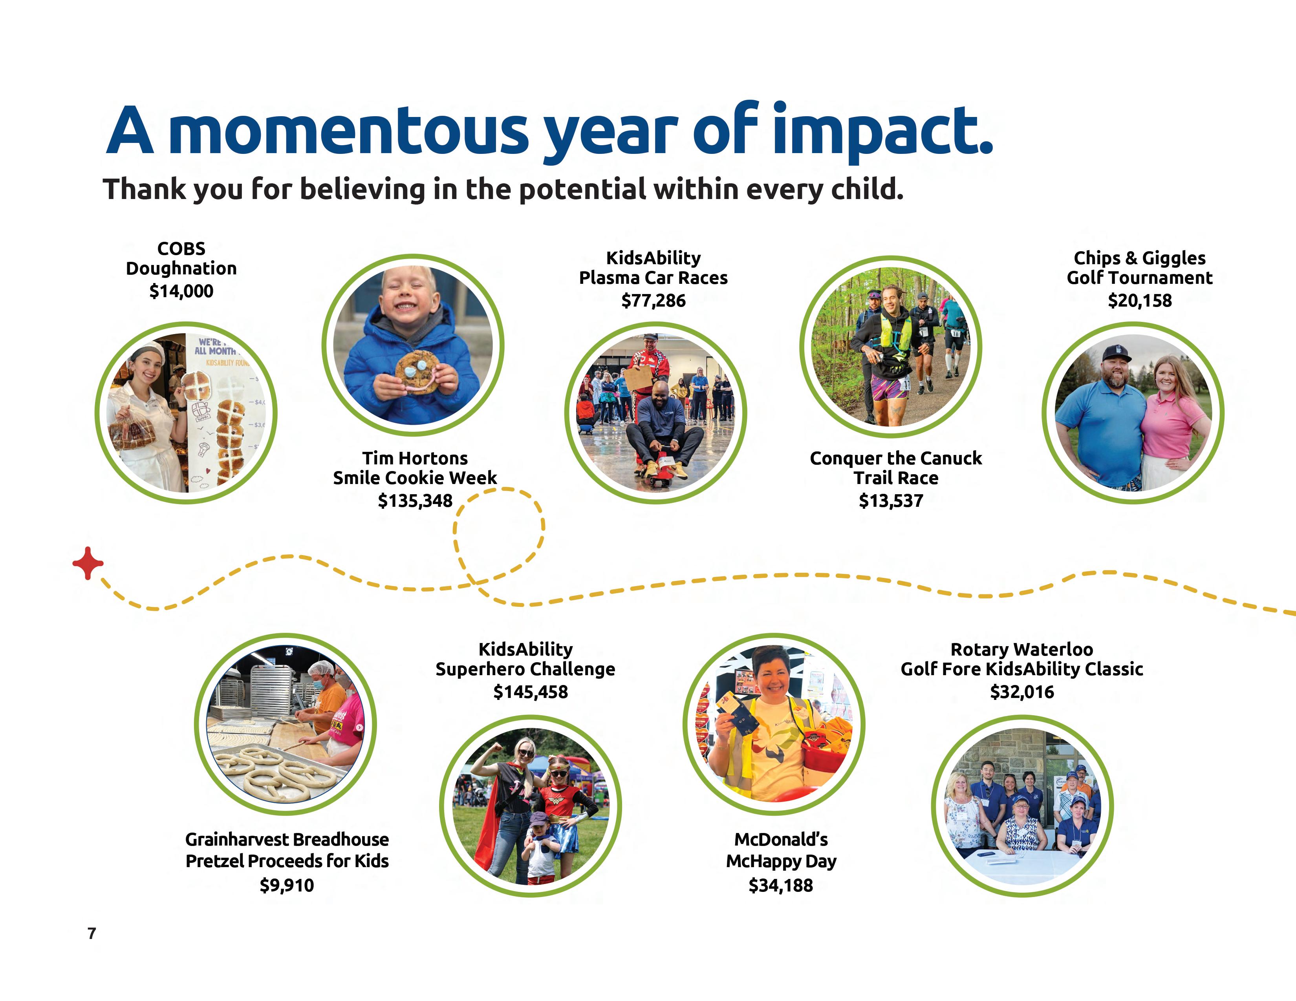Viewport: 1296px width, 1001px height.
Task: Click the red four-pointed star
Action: tap(88, 563)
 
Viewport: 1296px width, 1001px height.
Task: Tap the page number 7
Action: tap(92, 933)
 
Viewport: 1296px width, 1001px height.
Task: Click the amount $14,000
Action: tap(181, 291)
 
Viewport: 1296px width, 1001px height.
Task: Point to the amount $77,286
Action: tap(653, 301)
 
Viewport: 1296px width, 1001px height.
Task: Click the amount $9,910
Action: tap(287, 885)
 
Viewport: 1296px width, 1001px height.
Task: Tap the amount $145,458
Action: tap(531, 692)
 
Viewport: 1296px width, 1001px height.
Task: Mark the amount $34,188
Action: tap(780, 885)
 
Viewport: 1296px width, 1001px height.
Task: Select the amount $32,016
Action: tap(1022, 692)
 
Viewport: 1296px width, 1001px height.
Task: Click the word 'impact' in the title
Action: tap(882, 131)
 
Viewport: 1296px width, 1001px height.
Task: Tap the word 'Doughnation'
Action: tap(181, 269)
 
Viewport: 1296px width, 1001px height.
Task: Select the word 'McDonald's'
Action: tap(781, 840)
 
